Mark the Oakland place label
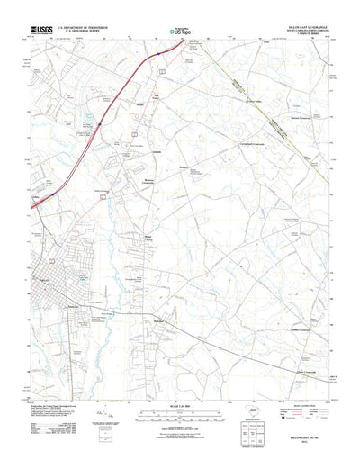(156, 152)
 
